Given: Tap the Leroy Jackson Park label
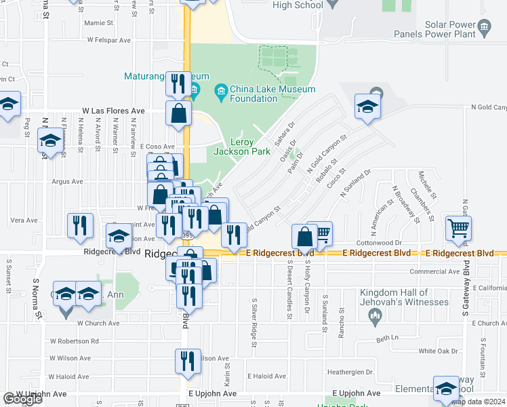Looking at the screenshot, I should [233, 147].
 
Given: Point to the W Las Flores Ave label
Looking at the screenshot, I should [113, 110].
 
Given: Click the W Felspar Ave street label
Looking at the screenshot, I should [108, 40].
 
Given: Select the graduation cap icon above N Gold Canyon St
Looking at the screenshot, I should [368, 105].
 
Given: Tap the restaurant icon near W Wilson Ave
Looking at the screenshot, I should [188, 360].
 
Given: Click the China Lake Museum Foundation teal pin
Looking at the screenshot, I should [220, 90].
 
